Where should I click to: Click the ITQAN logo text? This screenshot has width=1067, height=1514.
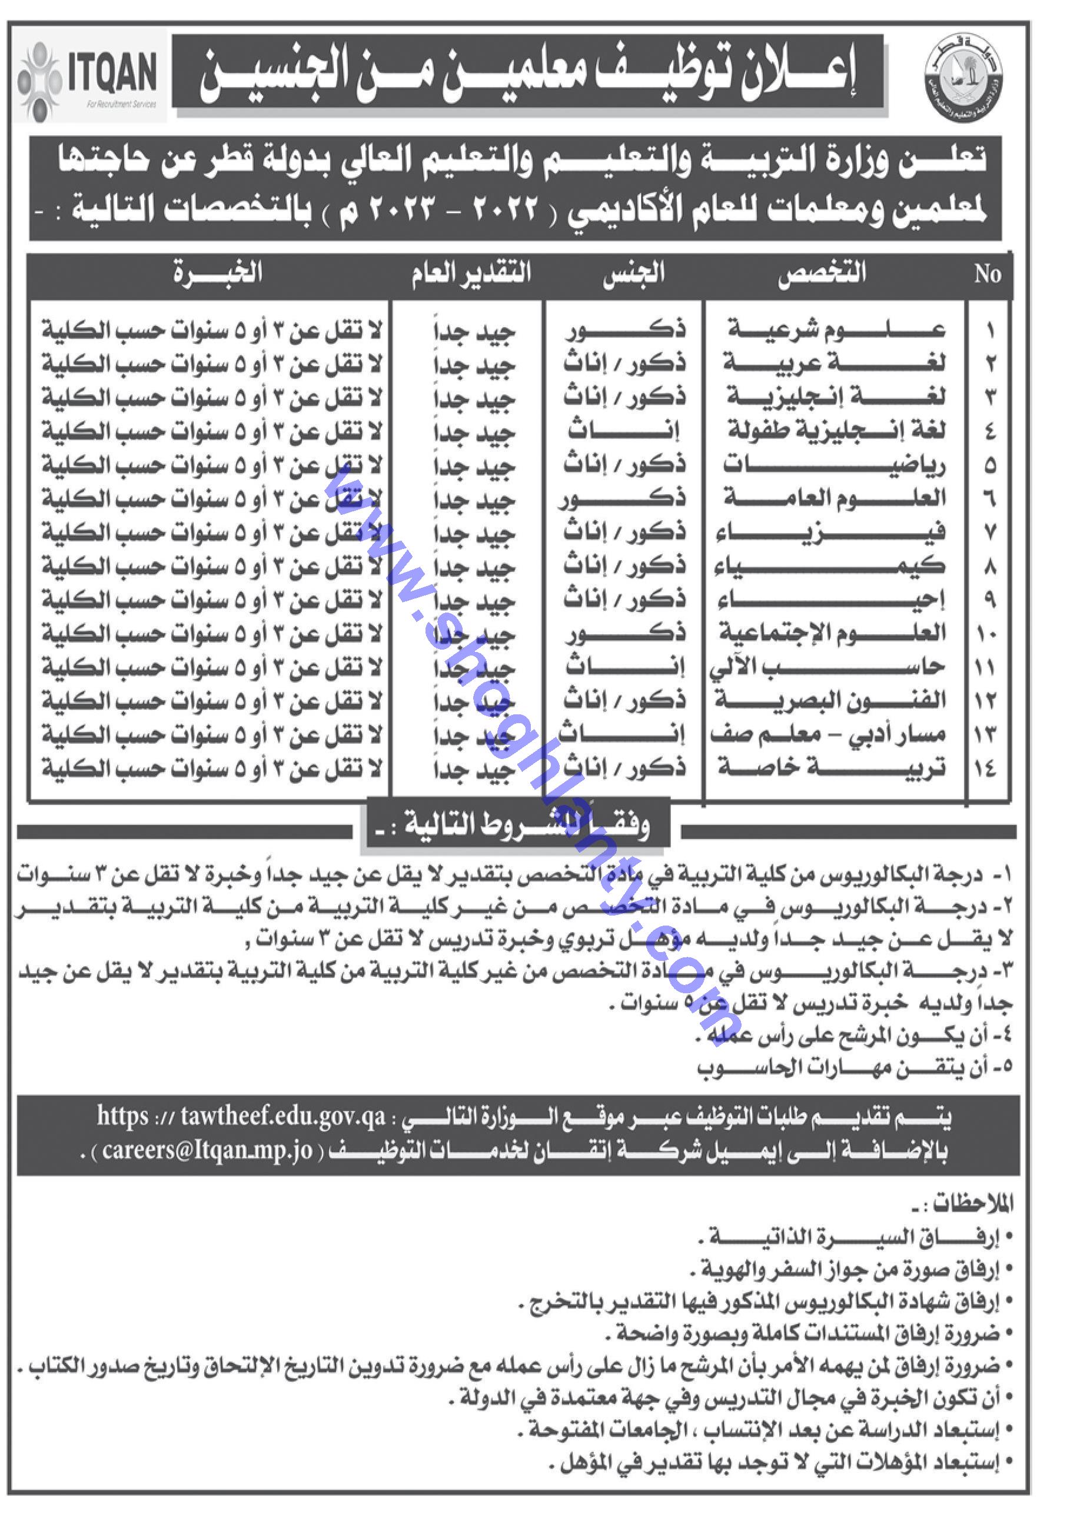(x=112, y=72)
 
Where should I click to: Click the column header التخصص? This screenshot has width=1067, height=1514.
(x=822, y=274)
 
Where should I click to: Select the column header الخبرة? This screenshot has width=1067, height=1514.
(x=218, y=272)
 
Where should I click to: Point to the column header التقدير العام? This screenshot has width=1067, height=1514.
(x=471, y=274)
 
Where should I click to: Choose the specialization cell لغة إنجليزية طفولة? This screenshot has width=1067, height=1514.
(x=836, y=431)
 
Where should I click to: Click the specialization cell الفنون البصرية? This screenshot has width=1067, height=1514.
(x=831, y=700)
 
